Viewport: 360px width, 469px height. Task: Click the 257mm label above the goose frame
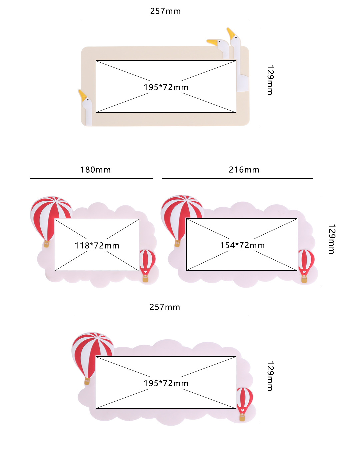(165, 11)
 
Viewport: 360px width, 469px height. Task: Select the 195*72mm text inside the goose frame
(166, 87)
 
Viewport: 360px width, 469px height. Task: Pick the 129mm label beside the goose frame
(270, 80)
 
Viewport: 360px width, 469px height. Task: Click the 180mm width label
(95, 170)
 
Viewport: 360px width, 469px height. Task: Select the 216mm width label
(244, 170)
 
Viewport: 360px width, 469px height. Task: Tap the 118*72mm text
(97, 246)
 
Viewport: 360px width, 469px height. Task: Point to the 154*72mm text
(242, 245)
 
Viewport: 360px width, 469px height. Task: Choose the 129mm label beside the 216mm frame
(332, 239)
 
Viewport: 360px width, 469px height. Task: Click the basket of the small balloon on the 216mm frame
(304, 279)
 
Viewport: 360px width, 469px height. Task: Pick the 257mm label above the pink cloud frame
(165, 307)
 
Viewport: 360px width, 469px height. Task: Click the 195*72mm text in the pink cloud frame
(166, 383)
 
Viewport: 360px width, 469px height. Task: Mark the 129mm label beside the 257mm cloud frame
(270, 376)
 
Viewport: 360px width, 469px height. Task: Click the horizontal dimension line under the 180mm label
(91, 178)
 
